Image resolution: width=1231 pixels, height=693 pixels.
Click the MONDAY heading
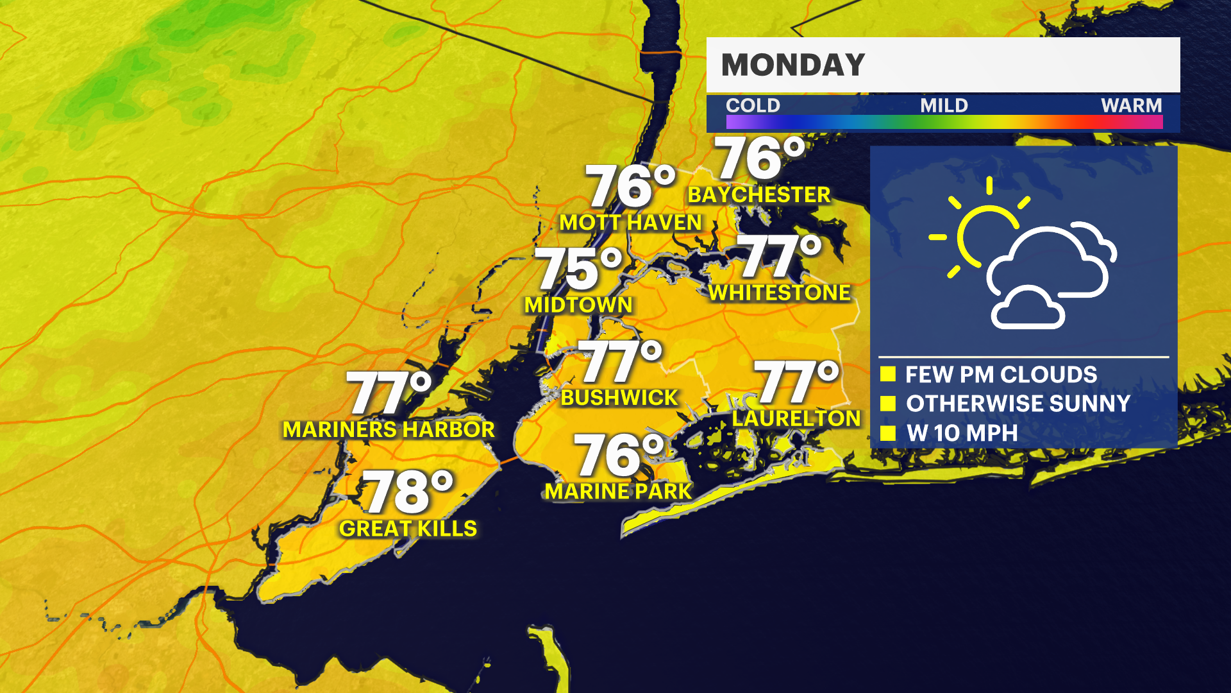(x=793, y=65)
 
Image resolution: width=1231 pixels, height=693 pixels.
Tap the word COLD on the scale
(x=753, y=105)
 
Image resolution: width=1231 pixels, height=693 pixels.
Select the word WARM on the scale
(x=1131, y=105)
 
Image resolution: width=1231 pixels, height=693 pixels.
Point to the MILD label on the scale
(x=944, y=105)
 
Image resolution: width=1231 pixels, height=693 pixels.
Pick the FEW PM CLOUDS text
(x=1001, y=375)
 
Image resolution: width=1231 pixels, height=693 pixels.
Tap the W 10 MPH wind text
(x=962, y=433)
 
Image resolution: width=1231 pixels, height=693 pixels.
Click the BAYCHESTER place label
(x=758, y=195)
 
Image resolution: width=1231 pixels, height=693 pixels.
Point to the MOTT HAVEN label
(x=630, y=223)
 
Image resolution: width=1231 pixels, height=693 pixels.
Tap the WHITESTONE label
(x=779, y=293)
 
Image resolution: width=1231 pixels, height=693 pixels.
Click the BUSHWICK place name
(x=619, y=398)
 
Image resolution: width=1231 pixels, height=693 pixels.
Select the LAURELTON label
(x=796, y=419)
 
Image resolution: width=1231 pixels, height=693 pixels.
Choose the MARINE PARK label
(x=618, y=492)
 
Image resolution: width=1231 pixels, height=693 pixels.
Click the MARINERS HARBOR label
(x=389, y=430)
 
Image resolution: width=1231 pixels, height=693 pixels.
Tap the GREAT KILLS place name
(x=408, y=529)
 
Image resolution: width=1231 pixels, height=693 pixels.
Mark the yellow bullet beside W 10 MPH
(x=888, y=433)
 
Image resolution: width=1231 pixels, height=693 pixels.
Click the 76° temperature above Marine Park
(x=619, y=455)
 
